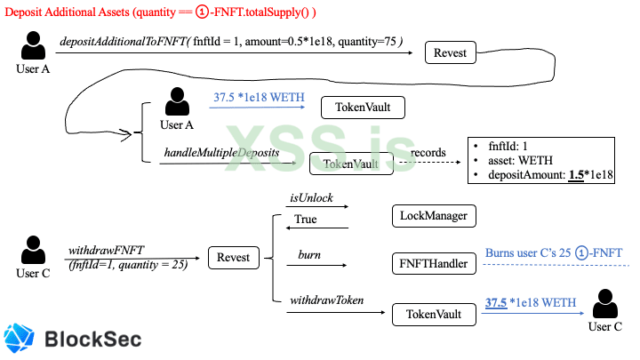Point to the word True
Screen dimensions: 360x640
pyautogui.click(x=306, y=220)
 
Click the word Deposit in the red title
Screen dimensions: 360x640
pyautogui.click(x=24, y=12)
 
